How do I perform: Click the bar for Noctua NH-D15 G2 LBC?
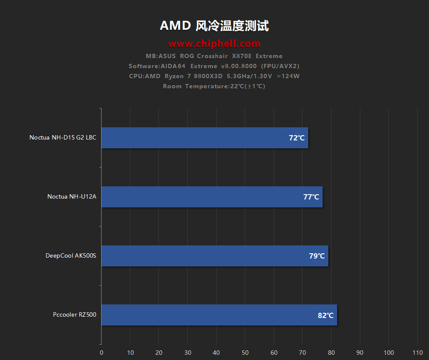[204, 138]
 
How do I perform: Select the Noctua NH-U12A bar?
[212, 197]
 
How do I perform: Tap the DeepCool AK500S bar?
[214, 256]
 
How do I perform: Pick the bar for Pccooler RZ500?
[219, 315]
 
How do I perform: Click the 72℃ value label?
[297, 138]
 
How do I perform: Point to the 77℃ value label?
[311, 197]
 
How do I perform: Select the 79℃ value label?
[317, 256]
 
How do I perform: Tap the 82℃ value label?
[326, 315]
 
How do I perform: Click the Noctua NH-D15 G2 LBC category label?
[63, 137]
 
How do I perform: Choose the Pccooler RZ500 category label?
[74, 315]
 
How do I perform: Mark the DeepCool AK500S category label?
[70, 255]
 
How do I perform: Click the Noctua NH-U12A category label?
[72, 196]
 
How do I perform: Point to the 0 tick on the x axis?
[102, 353]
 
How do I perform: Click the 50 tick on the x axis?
[245, 353]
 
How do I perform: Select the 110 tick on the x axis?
[418, 353]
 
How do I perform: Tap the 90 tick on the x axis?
[360, 353]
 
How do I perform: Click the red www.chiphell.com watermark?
[214, 43]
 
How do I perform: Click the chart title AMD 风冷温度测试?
[214, 26]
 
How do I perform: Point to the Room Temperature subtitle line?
[214, 86]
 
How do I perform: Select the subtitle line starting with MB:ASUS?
[214, 56]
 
